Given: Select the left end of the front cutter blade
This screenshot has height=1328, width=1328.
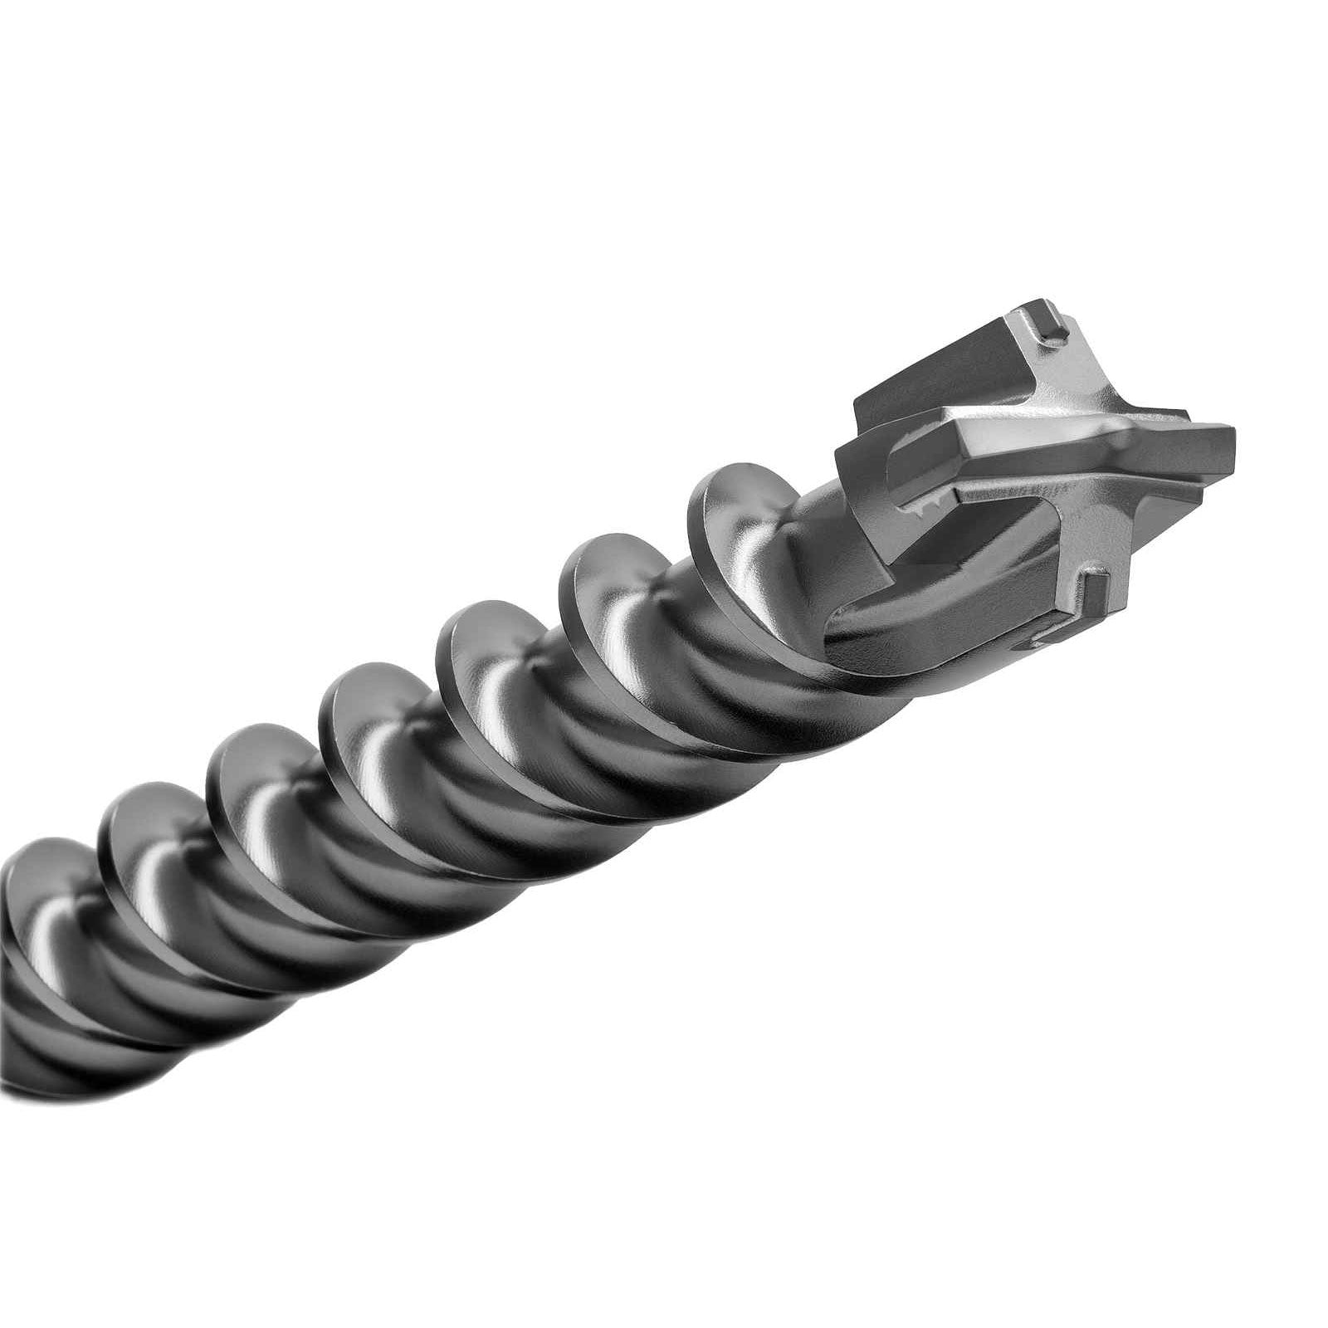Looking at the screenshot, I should (x=847, y=452).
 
